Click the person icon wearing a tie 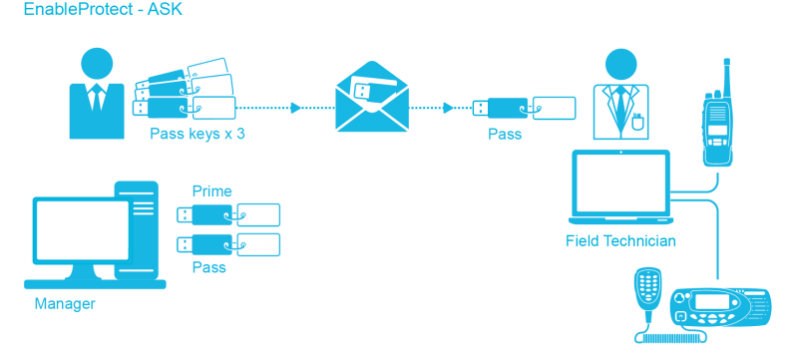coord(96,90)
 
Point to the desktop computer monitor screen coord(81,231)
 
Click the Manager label coord(65,305)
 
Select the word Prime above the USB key coord(211,189)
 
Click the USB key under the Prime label coord(228,213)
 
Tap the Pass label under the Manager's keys coord(208,267)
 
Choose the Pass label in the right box coord(504,135)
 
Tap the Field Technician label coord(620,241)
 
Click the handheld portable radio coord(718,125)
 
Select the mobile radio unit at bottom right coord(720,309)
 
